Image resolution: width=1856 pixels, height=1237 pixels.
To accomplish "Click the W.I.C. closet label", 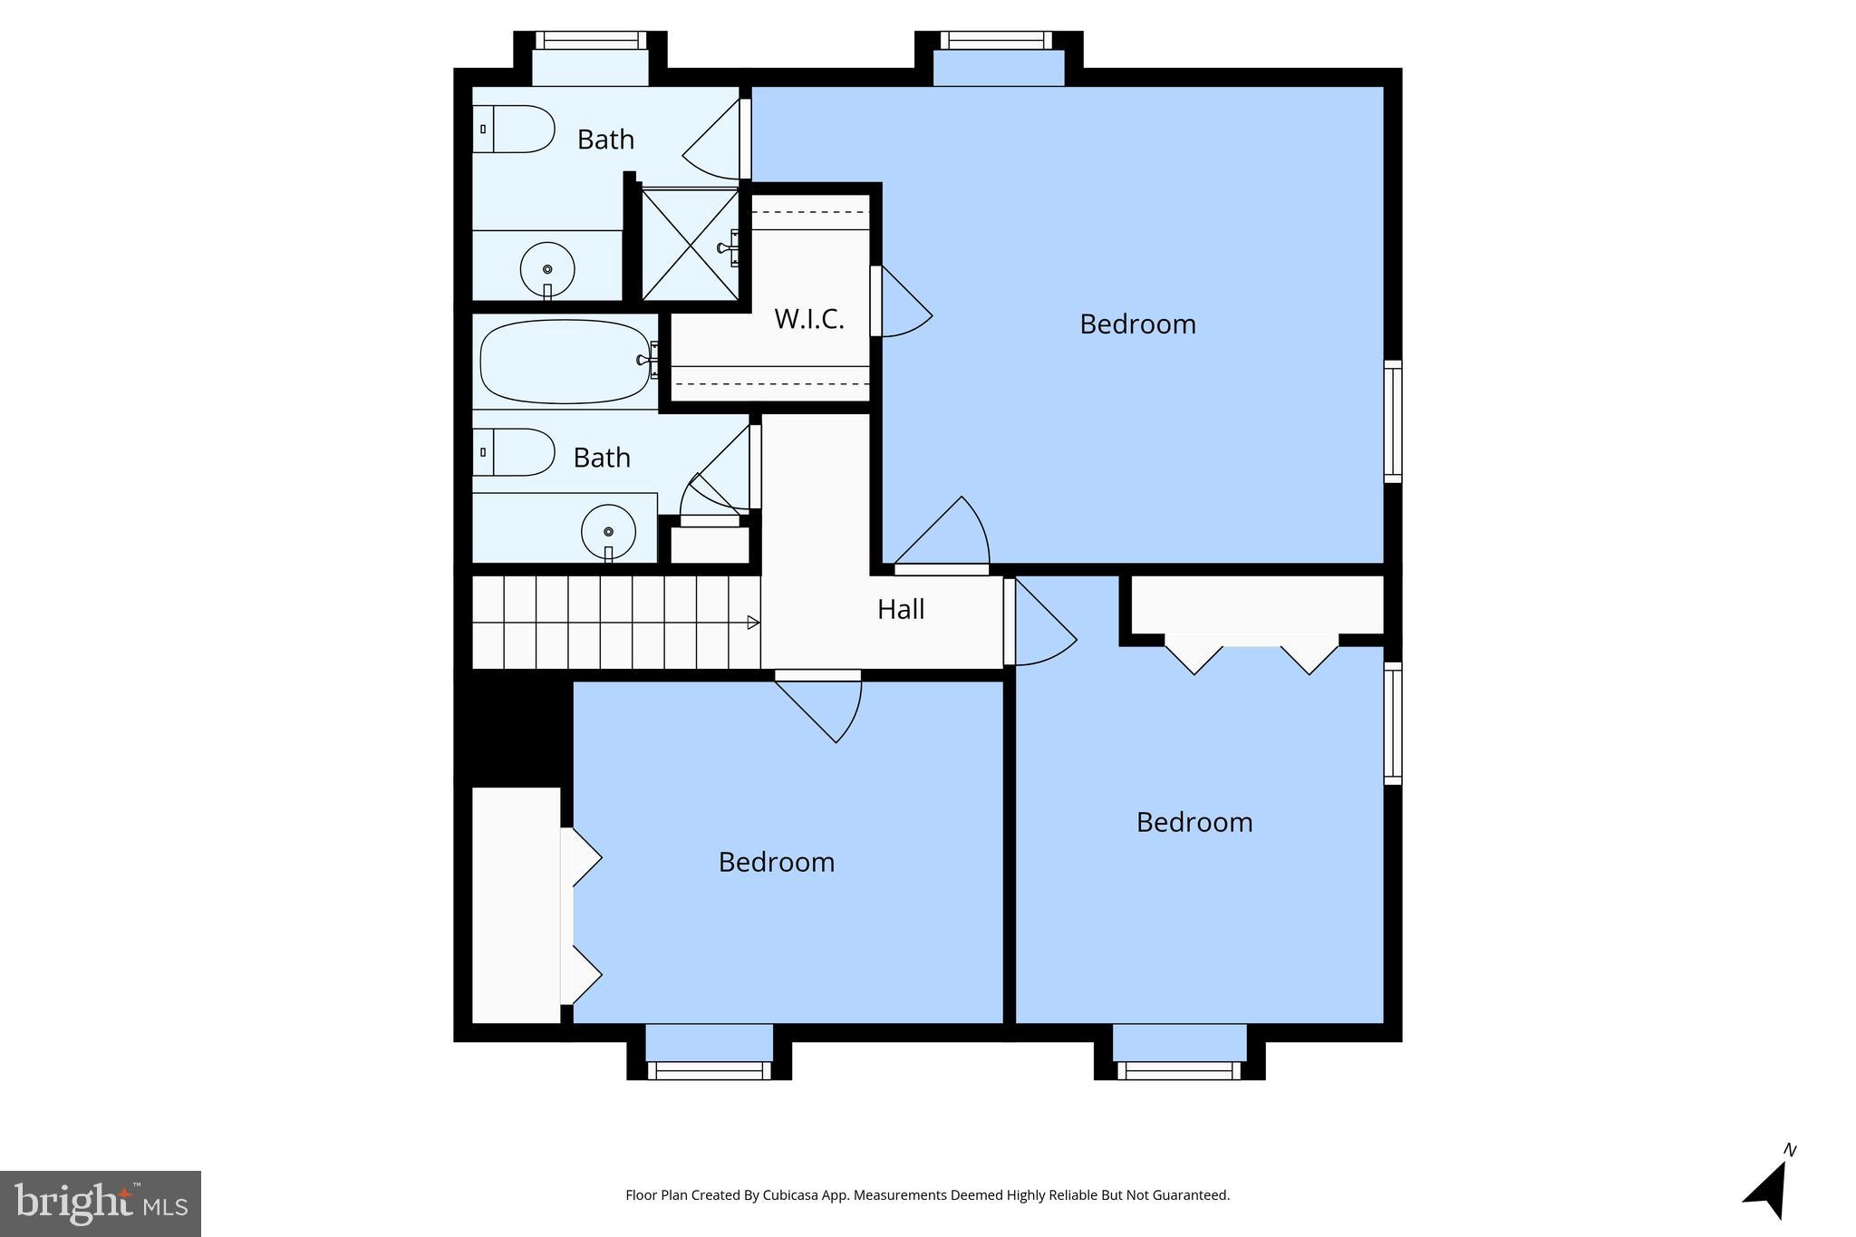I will click(808, 319).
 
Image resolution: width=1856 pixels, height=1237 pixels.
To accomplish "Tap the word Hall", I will click(900, 609).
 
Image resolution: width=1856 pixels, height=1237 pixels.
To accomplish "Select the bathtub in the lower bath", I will click(565, 361).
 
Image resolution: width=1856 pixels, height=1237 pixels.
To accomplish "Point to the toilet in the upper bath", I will click(513, 129).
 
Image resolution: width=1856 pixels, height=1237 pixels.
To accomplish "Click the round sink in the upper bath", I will click(546, 269).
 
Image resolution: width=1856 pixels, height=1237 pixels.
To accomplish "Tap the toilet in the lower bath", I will click(513, 451).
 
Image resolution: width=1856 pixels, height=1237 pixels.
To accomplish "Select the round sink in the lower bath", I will click(608, 531).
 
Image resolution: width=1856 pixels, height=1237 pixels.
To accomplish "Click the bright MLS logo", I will click(101, 1203).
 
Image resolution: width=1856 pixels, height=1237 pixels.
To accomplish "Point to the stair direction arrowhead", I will click(752, 623).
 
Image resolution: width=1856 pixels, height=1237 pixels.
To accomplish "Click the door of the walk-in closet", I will click(903, 304).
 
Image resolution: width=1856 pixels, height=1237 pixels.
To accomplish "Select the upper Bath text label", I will click(605, 140).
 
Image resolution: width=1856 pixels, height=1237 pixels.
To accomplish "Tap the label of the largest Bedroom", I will click(1137, 324).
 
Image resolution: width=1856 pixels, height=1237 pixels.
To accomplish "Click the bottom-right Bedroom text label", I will click(1194, 822).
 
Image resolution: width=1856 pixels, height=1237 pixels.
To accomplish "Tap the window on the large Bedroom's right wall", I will click(1392, 421).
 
